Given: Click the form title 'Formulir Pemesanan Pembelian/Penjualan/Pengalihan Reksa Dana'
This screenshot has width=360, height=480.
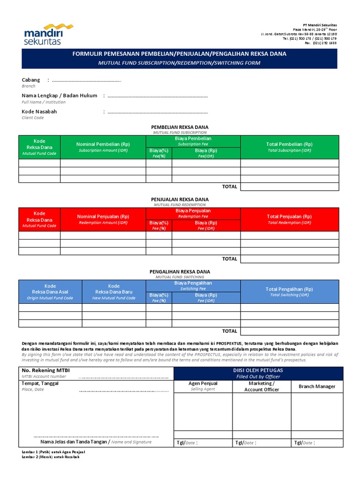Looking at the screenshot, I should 179,54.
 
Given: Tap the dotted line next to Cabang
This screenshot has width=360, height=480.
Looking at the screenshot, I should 86,81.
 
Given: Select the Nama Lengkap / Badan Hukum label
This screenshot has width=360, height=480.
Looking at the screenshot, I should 60,95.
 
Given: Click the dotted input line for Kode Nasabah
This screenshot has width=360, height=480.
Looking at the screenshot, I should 157,112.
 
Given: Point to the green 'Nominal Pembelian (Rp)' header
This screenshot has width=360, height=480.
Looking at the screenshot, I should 103,144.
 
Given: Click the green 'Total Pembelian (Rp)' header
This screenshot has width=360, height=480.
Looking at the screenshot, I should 289,144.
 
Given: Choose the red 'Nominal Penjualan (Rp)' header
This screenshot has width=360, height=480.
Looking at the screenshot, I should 103,217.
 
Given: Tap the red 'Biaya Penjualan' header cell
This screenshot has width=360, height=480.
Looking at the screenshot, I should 193,210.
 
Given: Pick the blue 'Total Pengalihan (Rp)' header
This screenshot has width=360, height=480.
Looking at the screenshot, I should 289,289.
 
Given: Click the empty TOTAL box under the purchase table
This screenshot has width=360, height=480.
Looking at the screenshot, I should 289,187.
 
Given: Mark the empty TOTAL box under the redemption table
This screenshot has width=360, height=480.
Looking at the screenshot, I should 289,259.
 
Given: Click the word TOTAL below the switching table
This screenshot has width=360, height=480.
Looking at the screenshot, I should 230,331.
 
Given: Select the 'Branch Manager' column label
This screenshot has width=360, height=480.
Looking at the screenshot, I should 317,386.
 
